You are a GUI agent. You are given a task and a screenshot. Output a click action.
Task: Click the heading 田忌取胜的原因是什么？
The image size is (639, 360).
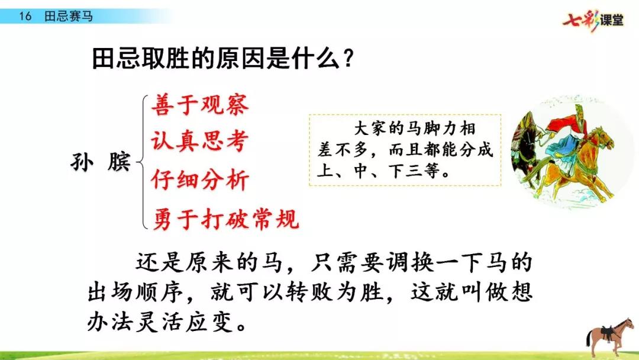point(222,59)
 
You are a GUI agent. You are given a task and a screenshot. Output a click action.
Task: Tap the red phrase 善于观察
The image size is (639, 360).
point(200,105)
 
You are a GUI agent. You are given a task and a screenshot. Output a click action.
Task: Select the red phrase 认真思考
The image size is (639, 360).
point(200,141)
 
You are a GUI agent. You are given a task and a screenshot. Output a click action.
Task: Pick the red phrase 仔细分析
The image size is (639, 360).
point(200,179)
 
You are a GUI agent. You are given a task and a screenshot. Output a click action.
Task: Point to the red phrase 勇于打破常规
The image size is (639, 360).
point(226,219)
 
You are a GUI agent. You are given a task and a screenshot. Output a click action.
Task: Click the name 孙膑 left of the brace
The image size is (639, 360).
point(101,162)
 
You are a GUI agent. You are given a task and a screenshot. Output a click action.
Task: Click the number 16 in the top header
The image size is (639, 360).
point(25,17)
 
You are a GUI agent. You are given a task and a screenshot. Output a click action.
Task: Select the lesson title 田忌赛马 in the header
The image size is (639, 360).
point(69,17)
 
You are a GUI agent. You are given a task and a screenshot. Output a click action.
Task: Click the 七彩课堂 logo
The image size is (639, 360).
point(593,20)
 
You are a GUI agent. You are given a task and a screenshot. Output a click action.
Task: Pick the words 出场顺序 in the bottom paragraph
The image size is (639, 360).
point(135,292)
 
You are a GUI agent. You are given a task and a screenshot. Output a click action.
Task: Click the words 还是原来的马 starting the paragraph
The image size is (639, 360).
point(209,262)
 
